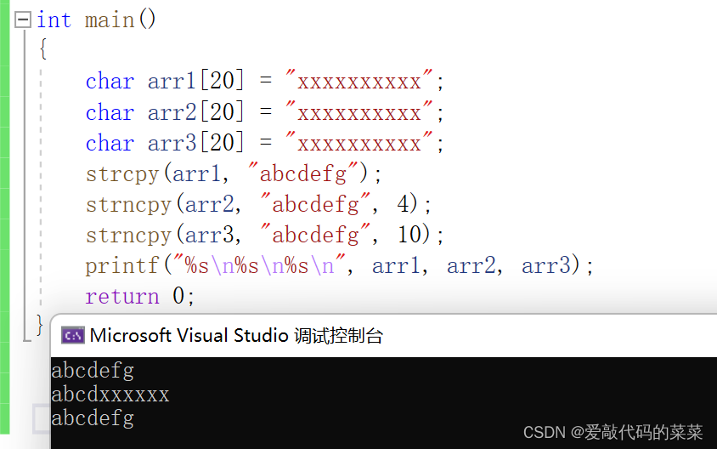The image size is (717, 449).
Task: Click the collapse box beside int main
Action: (23, 20)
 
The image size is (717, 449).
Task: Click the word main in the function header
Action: (110, 20)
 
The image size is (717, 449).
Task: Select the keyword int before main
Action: (54, 20)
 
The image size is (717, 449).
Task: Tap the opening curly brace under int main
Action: (42, 49)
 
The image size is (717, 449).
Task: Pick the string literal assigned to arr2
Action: (359, 112)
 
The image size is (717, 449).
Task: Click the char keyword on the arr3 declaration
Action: (110, 143)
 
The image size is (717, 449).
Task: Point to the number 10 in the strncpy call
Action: (410, 236)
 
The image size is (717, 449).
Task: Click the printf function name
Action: (121, 266)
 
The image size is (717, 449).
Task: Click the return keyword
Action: (121, 297)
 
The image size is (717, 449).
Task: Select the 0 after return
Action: (178, 297)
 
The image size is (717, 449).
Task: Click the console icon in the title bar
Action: (72, 335)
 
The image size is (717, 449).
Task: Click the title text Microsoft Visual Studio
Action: (189, 335)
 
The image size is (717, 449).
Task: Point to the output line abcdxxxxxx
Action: (110, 395)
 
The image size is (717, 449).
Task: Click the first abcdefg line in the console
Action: (93, 371)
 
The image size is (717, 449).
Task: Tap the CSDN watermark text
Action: (613, 432)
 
